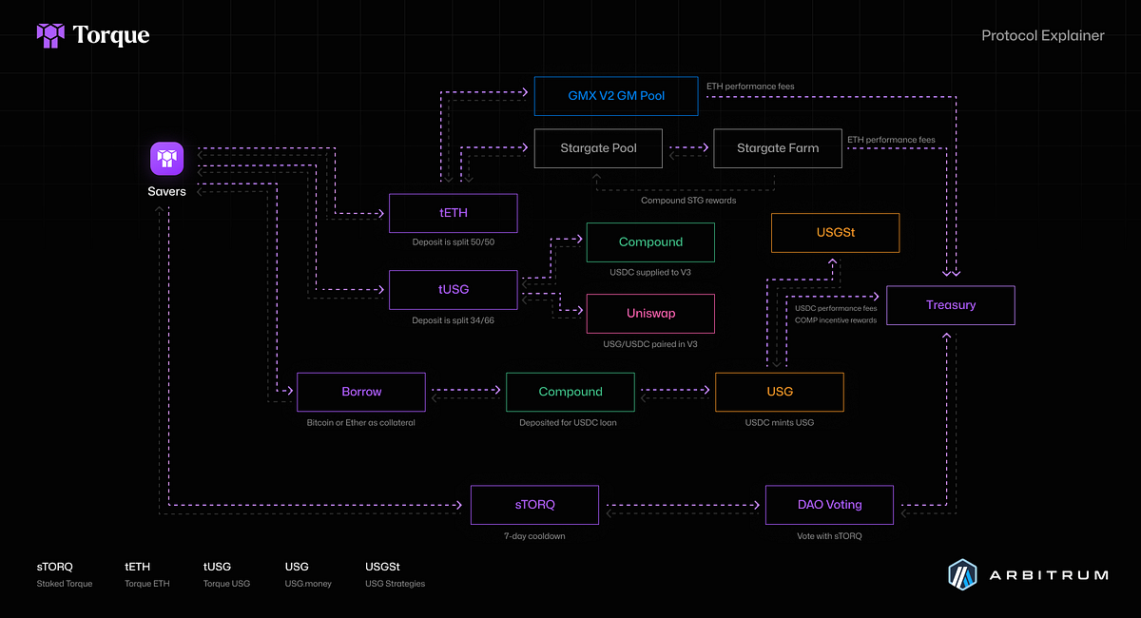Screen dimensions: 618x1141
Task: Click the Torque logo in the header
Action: coord(92,36)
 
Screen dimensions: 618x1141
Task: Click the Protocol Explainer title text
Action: coord(1042,36)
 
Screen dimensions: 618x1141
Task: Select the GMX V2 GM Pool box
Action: coord(616,96)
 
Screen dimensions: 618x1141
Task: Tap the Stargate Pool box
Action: coord(598,148)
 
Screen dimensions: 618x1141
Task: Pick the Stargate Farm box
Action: coord(777,148)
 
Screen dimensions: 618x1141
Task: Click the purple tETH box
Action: coord(454,213)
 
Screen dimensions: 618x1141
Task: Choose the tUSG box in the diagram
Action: coord(454,289)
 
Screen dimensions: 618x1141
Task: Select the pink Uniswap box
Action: coord(650,314)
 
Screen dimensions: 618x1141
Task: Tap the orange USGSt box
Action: coord(835,233)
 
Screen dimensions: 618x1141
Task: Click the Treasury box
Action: coord(951,305)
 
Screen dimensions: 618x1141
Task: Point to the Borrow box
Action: coord(361,392)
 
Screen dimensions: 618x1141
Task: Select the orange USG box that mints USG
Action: coord(779,392)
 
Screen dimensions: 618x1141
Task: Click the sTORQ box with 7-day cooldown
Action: coord(534,505)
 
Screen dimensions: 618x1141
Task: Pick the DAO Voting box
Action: coord(829,505)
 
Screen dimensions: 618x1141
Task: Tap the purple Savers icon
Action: coord(166,159)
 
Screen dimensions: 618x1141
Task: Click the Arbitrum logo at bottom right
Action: coord(1028,574)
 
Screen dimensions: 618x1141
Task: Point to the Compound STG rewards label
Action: coord(688,200)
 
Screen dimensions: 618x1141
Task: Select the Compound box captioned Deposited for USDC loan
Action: coord(570,392)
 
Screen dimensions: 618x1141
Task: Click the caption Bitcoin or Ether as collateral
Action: coord(361,422)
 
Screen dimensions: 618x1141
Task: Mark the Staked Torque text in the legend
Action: coord(65,584)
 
